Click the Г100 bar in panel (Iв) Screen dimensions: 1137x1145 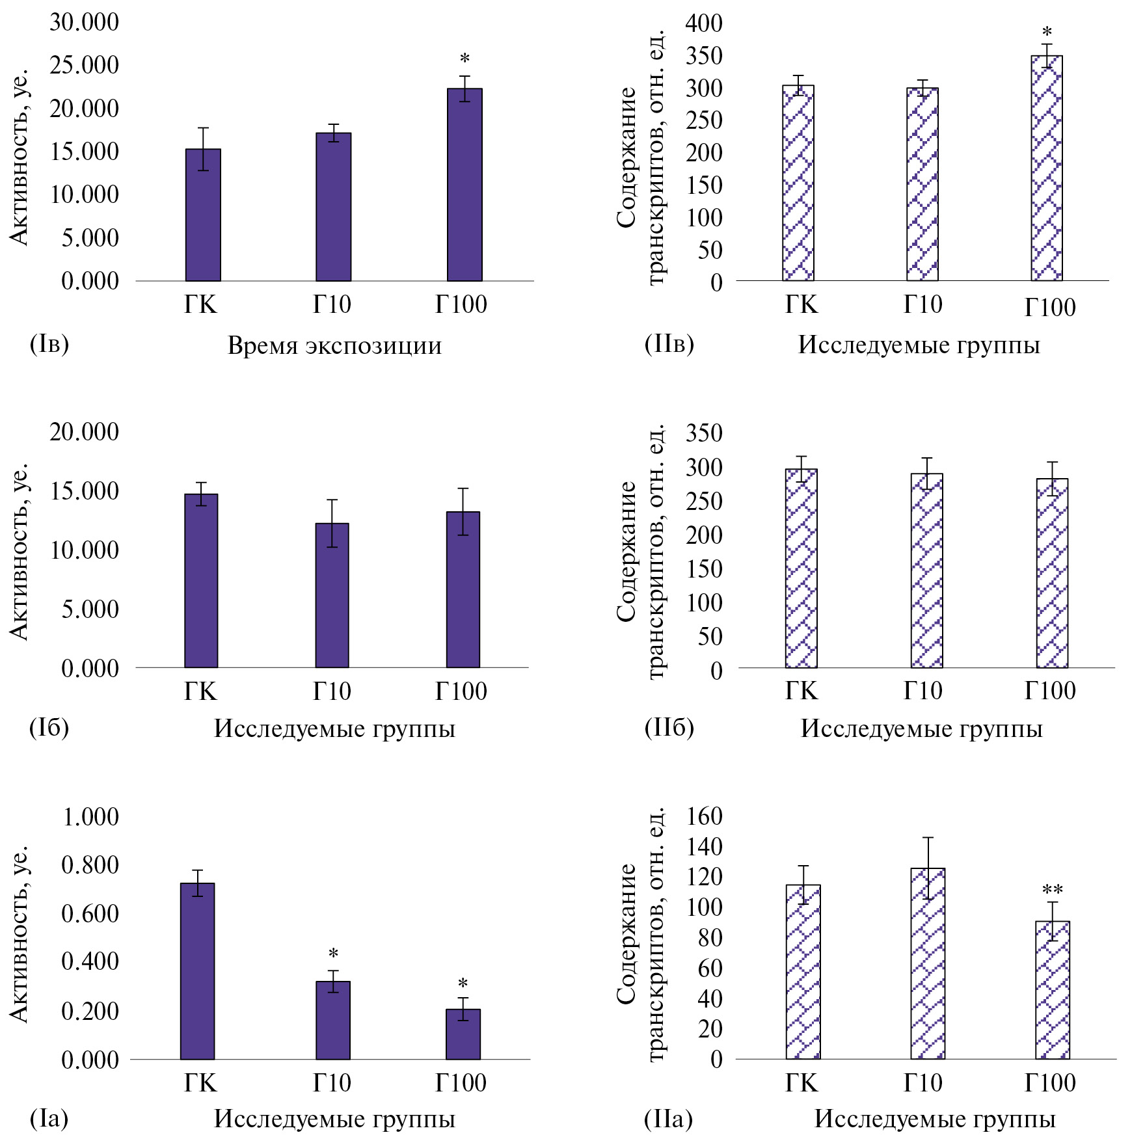pos(465,185)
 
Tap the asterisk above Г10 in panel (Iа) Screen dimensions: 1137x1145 pos(333,954)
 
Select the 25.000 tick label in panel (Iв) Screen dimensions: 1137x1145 pos(85,65)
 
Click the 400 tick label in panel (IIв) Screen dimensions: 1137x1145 pos(704,23)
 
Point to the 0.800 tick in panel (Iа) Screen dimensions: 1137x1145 pos(90,865)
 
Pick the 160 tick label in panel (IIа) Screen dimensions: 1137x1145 pos(705,816)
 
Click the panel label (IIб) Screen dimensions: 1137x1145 pos(669,727)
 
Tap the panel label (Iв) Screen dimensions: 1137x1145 pos(49,343)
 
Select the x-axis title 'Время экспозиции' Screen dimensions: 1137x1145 pos(334,345)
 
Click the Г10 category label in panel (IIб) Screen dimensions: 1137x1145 pos(923,691)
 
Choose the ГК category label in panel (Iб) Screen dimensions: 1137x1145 pos(200,691)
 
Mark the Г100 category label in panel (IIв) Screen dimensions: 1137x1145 pos(1050,307)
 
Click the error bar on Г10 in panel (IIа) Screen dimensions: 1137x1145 pos(928,868)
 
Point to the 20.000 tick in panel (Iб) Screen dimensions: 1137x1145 pos(85,432)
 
